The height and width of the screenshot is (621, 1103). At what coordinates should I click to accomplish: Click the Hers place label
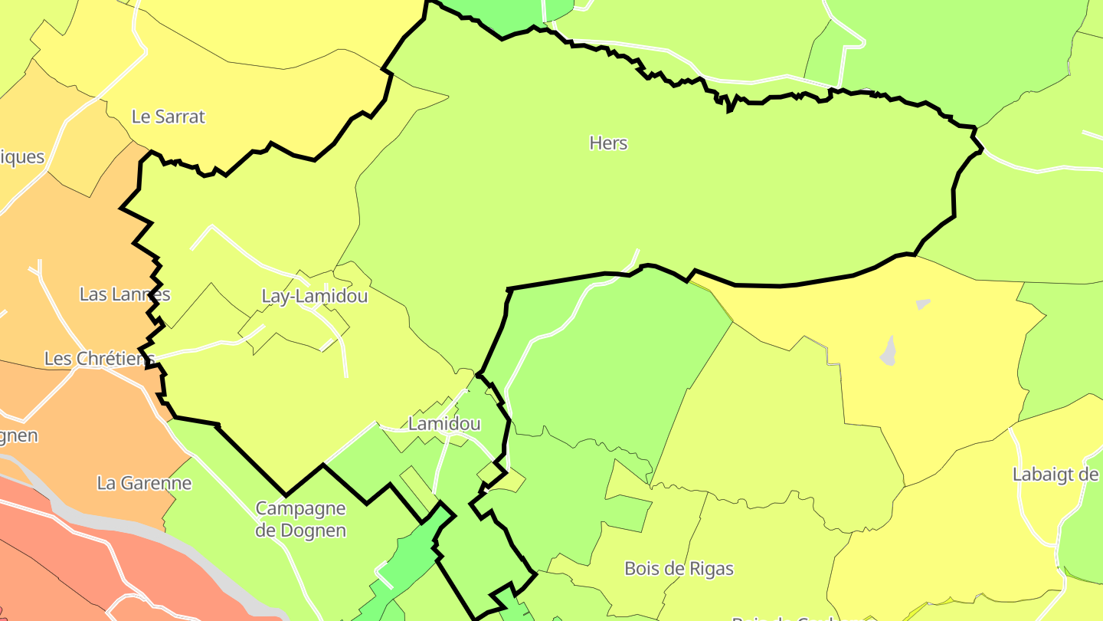pos(608,143)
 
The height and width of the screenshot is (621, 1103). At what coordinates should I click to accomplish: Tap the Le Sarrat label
pos(169,117)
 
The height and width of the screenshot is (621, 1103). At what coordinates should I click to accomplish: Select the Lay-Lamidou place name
pos(314,296)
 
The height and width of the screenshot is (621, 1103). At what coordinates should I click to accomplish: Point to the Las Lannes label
pos(125,294)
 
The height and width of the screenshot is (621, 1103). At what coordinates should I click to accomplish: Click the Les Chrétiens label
pos(99,358)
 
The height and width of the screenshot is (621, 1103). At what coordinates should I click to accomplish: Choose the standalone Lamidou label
pos(444,424)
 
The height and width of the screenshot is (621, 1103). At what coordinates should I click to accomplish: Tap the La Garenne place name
pos(144,483)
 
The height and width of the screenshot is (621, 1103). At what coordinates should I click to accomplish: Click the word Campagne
pos(300,509)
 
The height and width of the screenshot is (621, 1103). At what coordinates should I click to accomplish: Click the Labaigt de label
pos(1056,475)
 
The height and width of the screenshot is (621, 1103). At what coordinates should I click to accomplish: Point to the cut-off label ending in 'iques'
pos(22,157)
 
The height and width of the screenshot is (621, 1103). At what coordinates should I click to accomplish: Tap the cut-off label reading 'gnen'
pos(18,435)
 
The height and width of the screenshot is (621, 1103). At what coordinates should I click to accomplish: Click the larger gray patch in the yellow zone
pos(889,351)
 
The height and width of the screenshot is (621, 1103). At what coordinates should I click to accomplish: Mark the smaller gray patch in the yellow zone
pos(923,304)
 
